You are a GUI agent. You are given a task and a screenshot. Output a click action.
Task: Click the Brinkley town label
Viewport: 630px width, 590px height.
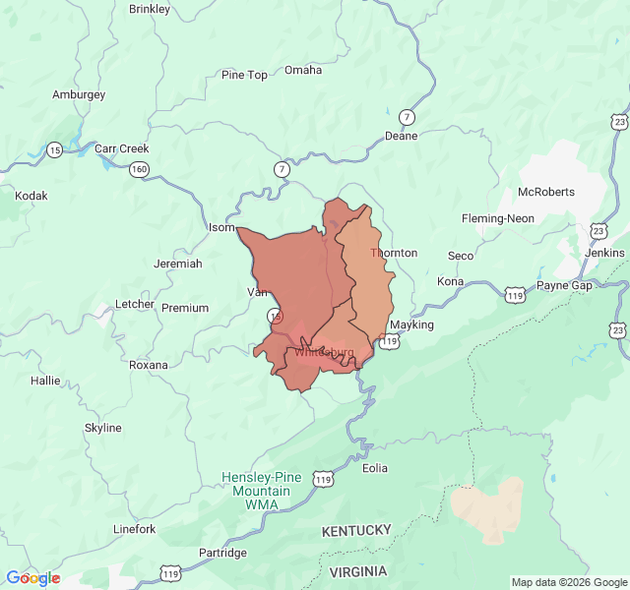click(x=150, y=9)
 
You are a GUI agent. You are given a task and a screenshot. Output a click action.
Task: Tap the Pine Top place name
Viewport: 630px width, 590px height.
click(x=244, y=75)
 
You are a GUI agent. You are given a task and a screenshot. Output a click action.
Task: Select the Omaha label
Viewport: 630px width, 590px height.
click(x=303, y=70)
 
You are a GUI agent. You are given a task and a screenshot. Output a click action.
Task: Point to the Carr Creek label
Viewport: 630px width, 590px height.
click(x=121, y=148)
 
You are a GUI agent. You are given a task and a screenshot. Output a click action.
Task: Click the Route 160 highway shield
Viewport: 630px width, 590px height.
click(x=139, y=169)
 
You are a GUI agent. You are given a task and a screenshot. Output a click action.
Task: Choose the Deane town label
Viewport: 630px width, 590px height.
click(x=401, y=136)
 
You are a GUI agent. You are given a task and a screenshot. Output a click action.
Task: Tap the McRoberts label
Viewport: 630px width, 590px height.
click(x=546, y=192)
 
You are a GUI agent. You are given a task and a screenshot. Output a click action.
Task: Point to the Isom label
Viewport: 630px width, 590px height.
click(x=221, y=227)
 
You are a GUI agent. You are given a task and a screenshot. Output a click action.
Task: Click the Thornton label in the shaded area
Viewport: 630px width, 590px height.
click(x=394, y=253)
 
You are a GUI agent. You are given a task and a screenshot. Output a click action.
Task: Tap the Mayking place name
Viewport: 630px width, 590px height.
click(x=411, y=324)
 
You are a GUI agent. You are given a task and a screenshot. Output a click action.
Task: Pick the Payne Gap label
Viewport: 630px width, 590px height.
click(x=565, y=285)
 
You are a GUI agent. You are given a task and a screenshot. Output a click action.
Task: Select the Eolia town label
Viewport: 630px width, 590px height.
click(x=375, y=468)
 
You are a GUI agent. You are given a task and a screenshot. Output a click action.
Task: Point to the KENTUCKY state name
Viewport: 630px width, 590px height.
click(x=356, y=531)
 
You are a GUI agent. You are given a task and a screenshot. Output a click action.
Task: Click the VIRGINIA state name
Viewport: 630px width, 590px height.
click(x=358, y=571)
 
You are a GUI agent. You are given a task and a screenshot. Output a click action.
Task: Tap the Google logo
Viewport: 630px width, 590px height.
click(x=32, y=578)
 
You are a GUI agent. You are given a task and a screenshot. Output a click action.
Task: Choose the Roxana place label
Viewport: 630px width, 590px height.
click(x=149, y=365)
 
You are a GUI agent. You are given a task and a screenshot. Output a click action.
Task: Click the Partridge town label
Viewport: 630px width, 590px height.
click(x=223, y=554)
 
